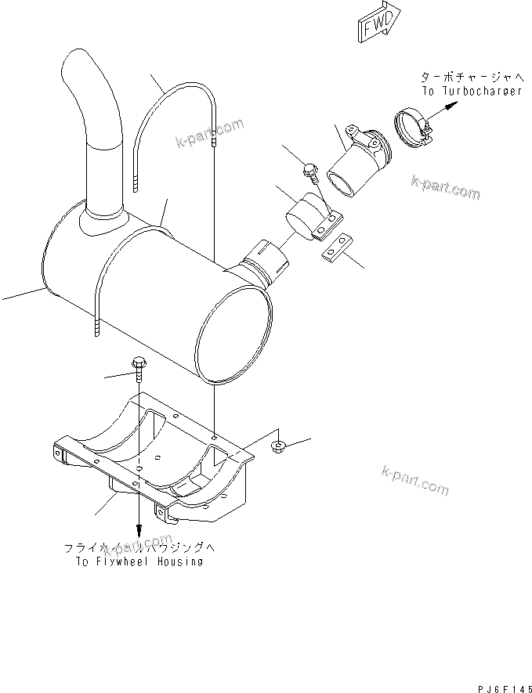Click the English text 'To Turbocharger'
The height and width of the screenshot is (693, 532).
point(472,91)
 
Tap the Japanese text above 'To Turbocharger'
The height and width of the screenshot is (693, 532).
point(469,77)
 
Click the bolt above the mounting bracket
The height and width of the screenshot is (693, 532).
point(139,364)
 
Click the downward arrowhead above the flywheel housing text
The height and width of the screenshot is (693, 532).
point(139,532)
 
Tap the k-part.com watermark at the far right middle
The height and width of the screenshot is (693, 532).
point(445,188)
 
